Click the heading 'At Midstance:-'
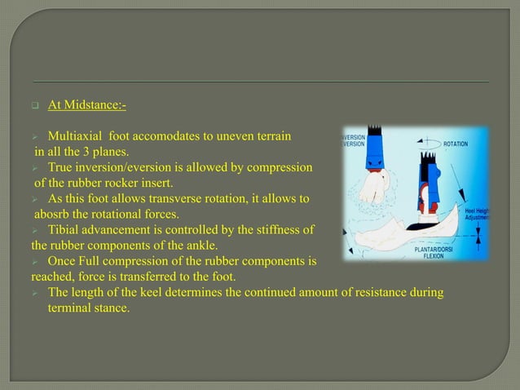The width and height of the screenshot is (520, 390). click(86, 105)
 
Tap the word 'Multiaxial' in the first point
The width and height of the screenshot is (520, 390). click(76, 135)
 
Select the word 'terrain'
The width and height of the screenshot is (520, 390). click(271, 135)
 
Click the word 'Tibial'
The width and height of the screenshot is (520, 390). click(66, 229)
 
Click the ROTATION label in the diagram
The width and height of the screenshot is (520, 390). click(456, 144)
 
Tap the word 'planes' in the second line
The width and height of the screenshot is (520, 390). click(126, 152)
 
